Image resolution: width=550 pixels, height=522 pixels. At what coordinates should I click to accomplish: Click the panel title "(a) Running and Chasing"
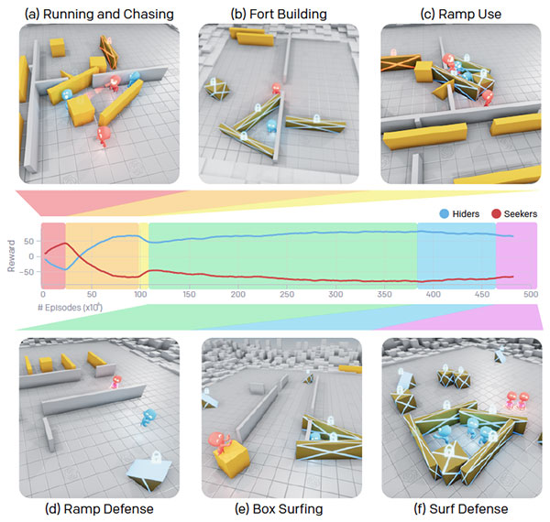[x=99, y=14]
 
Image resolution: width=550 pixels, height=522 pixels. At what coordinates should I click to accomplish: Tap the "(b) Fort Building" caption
[x=279, y=14]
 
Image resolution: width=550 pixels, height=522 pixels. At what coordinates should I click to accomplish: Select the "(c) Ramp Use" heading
[x=461, y=14]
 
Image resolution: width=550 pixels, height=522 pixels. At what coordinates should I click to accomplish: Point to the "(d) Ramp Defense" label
[x=99, y=508]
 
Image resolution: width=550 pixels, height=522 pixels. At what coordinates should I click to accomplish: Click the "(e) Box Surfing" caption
[x=279, y=508]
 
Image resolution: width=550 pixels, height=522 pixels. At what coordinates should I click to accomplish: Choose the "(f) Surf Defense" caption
[x=461, y=508]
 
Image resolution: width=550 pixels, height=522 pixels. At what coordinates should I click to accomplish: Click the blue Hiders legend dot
[x=444, y=213]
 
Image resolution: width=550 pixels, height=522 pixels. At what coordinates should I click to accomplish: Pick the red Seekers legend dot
[x=496, y=213]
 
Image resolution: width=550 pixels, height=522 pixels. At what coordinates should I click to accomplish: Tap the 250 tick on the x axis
[x=287, y=294]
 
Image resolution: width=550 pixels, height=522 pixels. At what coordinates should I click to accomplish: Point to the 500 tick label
[x=531, y=294]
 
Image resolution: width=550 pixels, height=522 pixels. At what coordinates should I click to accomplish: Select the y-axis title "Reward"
[x=12, y=256]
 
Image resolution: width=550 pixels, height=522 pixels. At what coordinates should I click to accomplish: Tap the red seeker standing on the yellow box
[x=219, y=443]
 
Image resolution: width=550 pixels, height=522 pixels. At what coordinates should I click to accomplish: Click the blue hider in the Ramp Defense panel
[x=148, y=418]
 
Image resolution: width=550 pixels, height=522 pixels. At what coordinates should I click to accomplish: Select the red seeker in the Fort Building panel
[x=277, y=89]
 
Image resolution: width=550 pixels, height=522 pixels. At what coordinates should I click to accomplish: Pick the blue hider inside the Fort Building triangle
[x=271, y=126]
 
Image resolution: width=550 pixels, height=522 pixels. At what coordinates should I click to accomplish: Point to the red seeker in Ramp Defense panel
[x=116, y=382]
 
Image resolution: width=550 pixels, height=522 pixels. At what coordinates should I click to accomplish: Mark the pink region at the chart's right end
[x=516, y=256]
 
